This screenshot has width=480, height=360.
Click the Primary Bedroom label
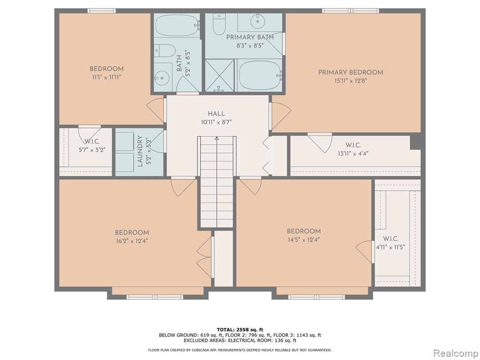point(351,73)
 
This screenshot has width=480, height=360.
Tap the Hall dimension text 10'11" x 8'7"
point(217,122)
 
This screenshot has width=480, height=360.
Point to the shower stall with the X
point(219,75)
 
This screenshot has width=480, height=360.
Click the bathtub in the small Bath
point(178,26)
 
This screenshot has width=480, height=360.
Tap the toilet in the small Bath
point(165,51)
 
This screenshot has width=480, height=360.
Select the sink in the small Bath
point(162,78)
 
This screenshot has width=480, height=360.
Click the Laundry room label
point(140,151)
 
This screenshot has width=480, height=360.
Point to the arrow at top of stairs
point(217,138)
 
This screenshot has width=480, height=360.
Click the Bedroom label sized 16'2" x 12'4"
point(132,232)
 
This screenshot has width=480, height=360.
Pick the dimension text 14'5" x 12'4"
point(304,240)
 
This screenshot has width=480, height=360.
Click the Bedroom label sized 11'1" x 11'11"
point(106,69)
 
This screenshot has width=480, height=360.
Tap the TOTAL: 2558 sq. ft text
point(240,330)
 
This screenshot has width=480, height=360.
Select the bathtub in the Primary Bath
point(260,75)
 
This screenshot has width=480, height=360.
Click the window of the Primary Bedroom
point(351,11)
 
